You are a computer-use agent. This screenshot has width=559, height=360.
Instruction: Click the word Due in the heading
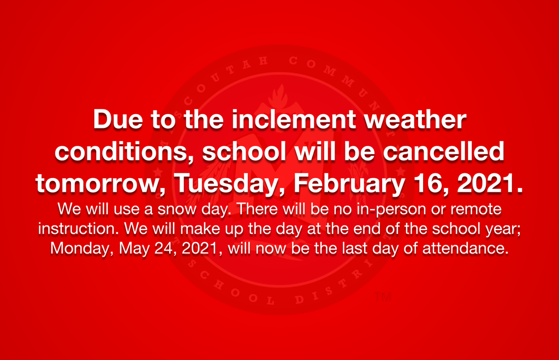click(x=118, y=119)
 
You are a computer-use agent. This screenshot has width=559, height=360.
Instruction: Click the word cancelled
click(x=443, y=151)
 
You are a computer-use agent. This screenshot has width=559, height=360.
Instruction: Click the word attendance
click(x=465, y=249)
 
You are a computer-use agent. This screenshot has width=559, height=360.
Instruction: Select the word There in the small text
click(x=257, y=209)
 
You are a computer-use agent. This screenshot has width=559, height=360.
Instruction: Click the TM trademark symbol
click(x=383, y=297)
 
